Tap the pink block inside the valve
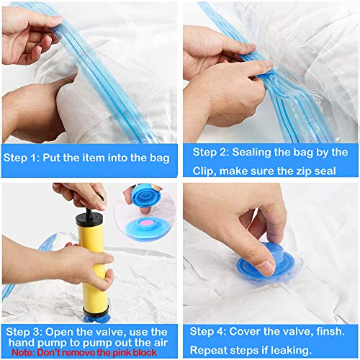click(x=145, y=223)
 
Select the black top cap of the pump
click(x=89, y=218)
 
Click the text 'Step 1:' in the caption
click(x=21, y=158)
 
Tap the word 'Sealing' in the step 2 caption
click(x=251, y=152)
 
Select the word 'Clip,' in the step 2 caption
click(x=204, y=171)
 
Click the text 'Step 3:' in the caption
click(x=24, y=332)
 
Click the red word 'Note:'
click(x=23, y=353)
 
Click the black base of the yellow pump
click(x=96, y=311)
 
